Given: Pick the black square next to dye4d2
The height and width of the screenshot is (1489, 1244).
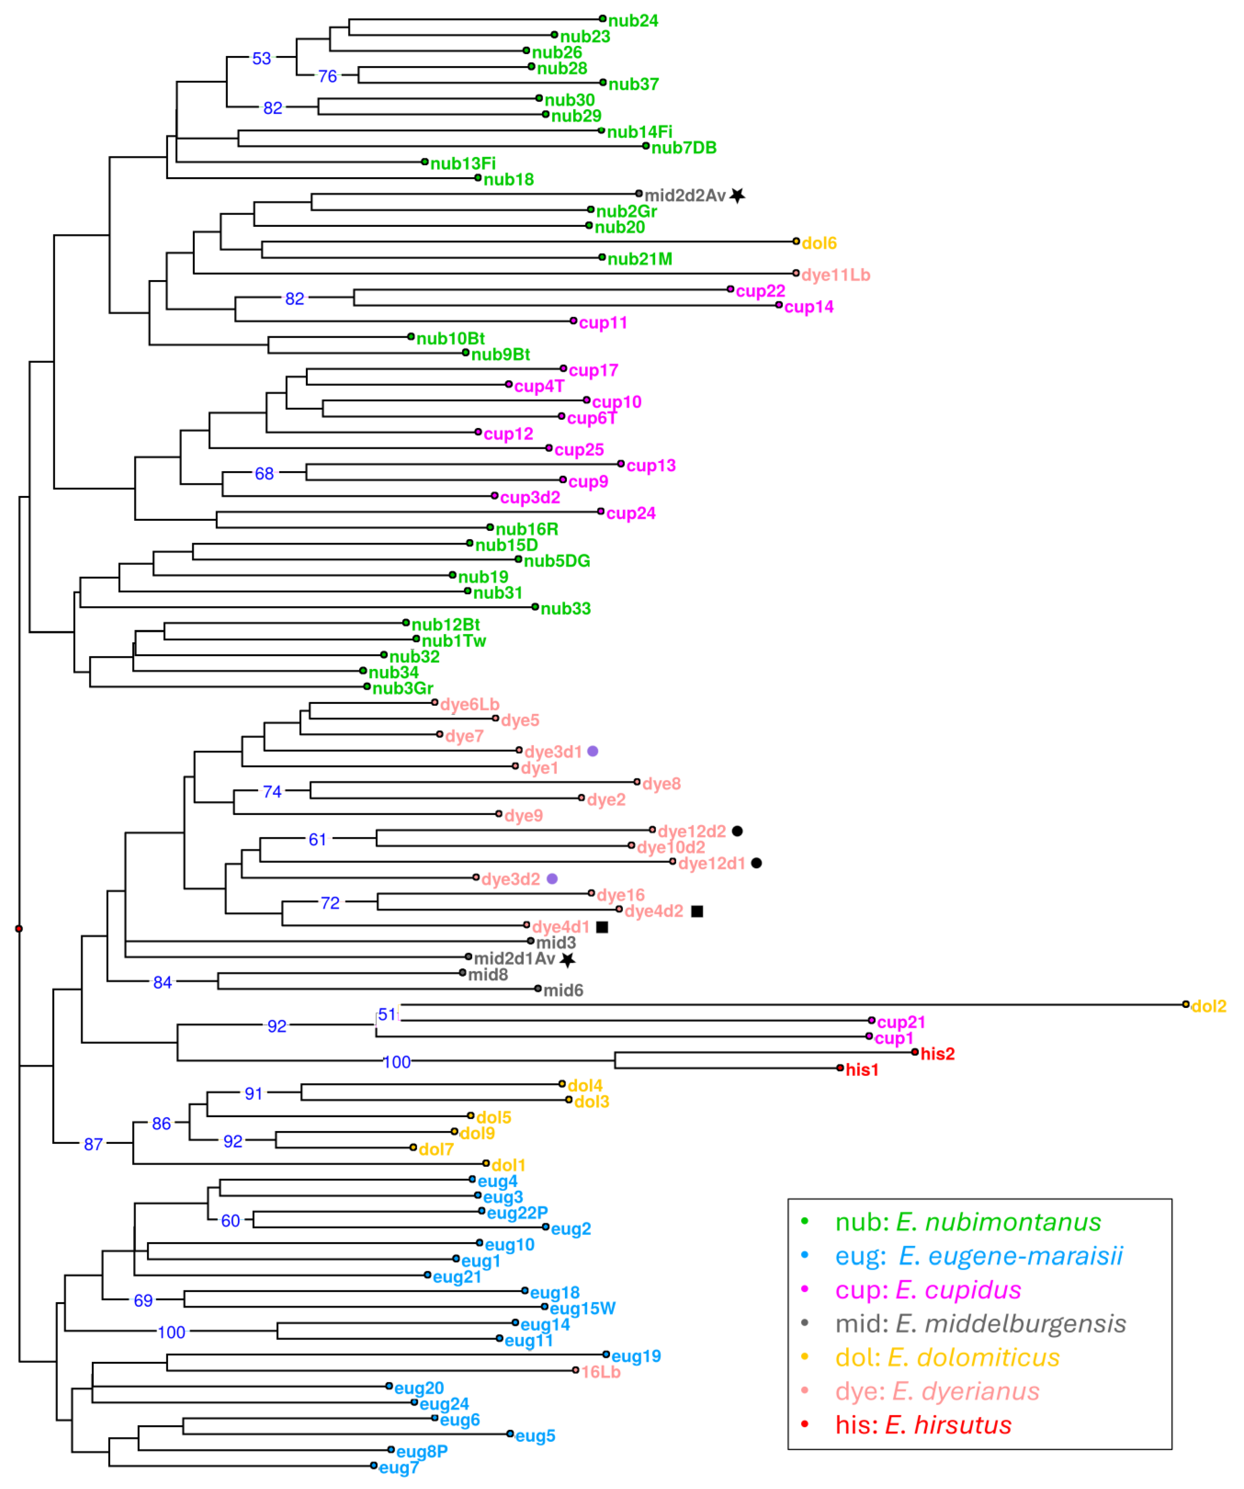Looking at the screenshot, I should pyautogui.click(x=697, y=911).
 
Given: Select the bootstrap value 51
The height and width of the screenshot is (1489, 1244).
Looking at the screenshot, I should pyautogui.click(x=387, y=1015).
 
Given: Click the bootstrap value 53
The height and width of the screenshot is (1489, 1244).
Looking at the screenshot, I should pyautogui.click(x=262, y=59).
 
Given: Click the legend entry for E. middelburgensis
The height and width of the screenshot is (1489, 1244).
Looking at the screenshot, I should pyautogui.click(x=980, y=1324).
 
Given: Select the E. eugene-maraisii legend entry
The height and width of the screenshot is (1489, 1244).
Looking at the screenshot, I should pyautogui.click(x=979, y=1256).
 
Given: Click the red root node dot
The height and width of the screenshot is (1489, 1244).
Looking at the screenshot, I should pyautogui.click(x=19, y=929).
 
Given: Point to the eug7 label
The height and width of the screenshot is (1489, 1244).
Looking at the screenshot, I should pyautogui.click(x=399, y=1468).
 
